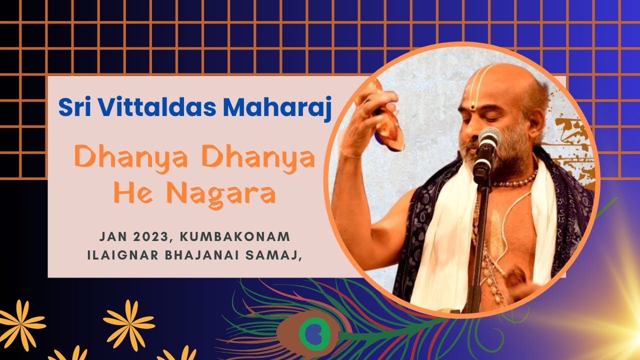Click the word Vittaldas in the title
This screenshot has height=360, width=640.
tap(156, 107)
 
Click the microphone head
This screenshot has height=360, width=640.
tap(488, 137)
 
